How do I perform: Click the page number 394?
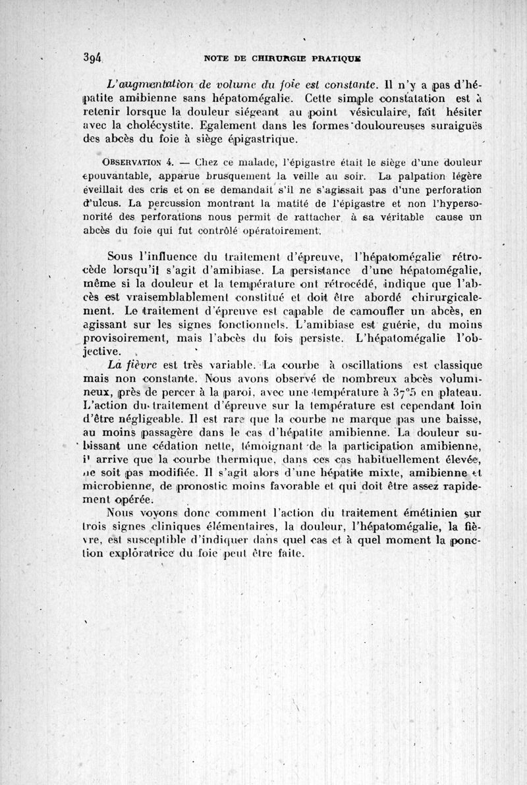point(106,57)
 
